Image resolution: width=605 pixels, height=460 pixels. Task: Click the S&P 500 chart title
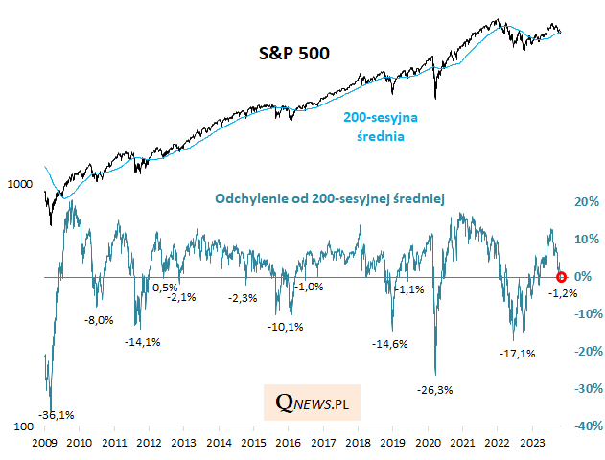pos(294,53)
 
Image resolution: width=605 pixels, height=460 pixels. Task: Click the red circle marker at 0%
pos(562,277)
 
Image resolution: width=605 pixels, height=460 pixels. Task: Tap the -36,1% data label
pos(55,414)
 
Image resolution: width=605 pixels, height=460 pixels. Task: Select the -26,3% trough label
pos(435,390)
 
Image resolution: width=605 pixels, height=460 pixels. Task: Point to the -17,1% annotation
pos(518,354)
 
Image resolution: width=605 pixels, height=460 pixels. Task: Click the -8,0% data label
pos(99,320)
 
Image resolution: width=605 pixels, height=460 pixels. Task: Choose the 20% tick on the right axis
pos(585,202)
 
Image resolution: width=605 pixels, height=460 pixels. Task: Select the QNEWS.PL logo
pos(312,404)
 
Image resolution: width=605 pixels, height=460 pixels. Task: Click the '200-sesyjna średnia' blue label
pos(387,126)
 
